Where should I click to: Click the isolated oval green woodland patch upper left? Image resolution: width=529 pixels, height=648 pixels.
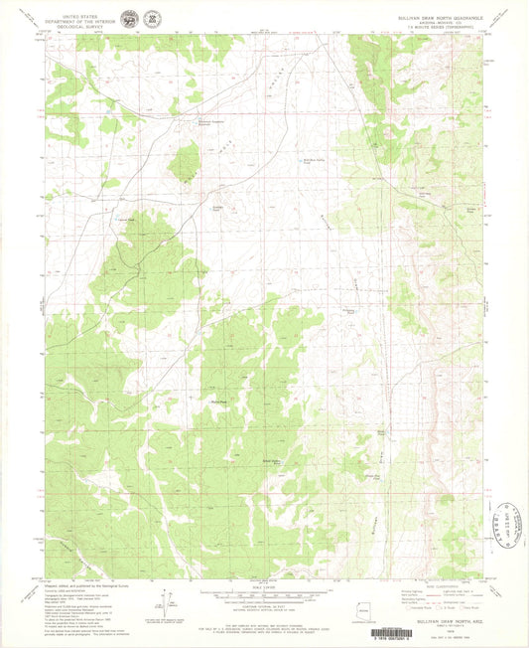tap(184, 162)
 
